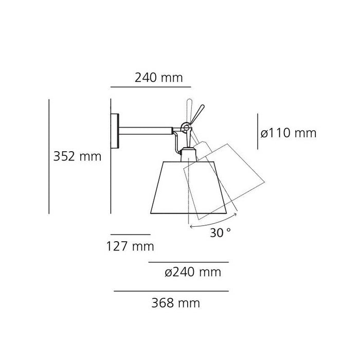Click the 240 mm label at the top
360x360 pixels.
[158, 78]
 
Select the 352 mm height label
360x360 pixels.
[78, 156]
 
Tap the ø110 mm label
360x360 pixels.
[288, 133]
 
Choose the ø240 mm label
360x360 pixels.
[192, 272]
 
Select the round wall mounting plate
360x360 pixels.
[117, 131]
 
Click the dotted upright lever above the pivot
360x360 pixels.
[188, 108]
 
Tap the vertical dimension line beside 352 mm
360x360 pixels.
[49, 156]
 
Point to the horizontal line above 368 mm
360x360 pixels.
[171, 291]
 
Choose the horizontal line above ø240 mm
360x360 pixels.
[188, 262]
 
